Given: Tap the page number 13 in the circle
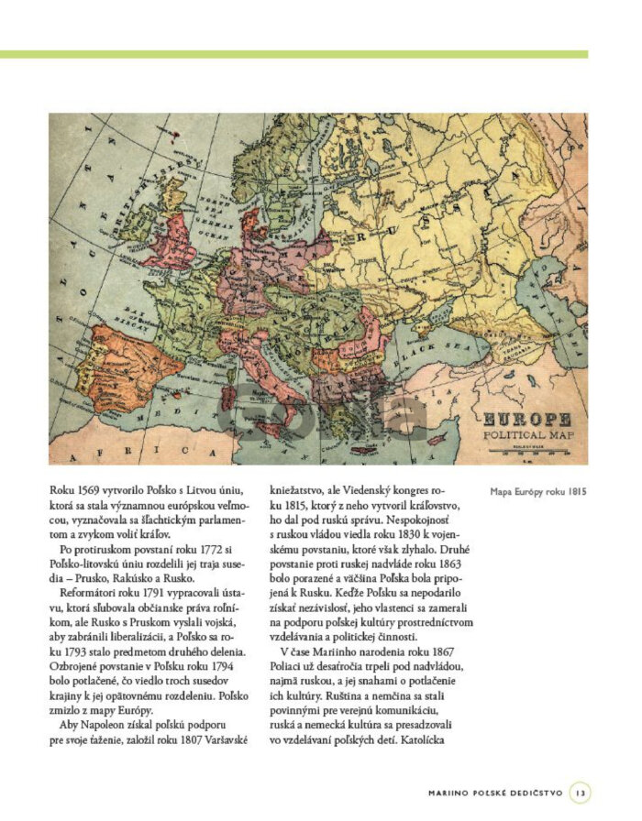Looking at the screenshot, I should pyautogui.click(x=580, y=790).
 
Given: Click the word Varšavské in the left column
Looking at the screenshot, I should pyautogui.click(x=222, y=739).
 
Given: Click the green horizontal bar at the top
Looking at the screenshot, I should pyautogui.click(x=293, y=55).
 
